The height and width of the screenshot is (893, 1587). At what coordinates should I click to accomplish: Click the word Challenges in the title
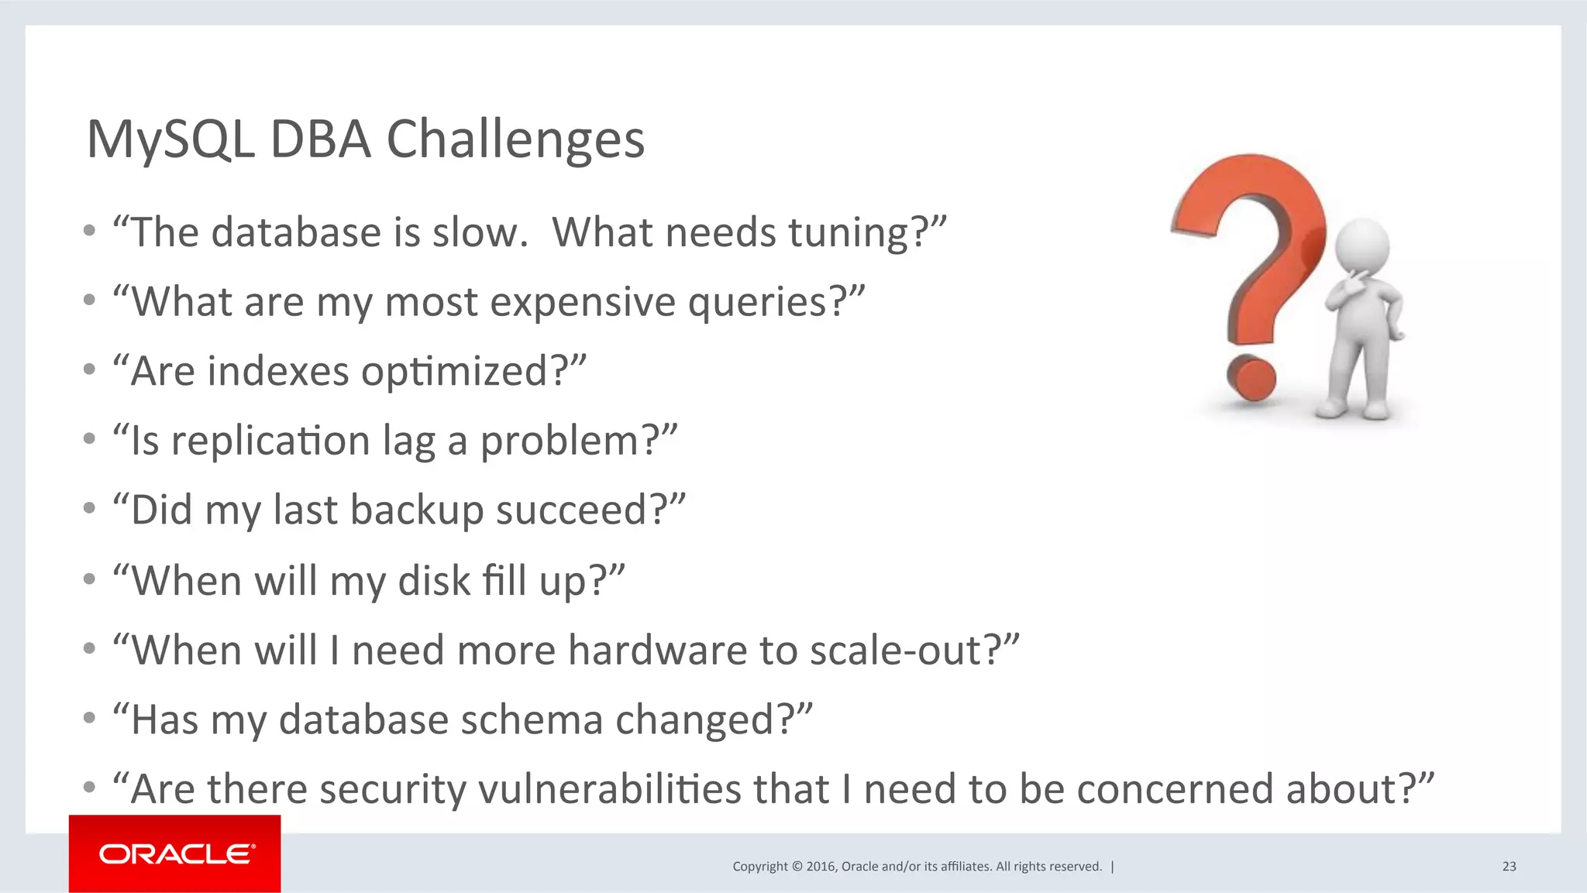point(515,140)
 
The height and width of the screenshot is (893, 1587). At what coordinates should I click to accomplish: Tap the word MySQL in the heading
point(170,140)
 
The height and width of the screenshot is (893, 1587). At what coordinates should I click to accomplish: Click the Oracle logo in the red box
point(176,854)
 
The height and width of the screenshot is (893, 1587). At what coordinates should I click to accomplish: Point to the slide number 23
point(1509,867)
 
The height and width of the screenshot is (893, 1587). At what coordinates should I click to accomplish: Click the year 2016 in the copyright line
point(821,867)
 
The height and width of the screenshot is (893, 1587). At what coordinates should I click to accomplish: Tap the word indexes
point(278,372)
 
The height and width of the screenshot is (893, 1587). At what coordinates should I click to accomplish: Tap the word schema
point(532,720)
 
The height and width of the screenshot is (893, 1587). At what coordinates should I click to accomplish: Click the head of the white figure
point(1362,246)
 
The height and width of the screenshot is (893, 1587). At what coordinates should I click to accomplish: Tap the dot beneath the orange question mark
point(1251,379)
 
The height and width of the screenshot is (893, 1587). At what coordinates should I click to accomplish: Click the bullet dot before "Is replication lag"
point(90,439)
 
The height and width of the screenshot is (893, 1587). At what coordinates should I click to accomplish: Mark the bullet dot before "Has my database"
point(90,718)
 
